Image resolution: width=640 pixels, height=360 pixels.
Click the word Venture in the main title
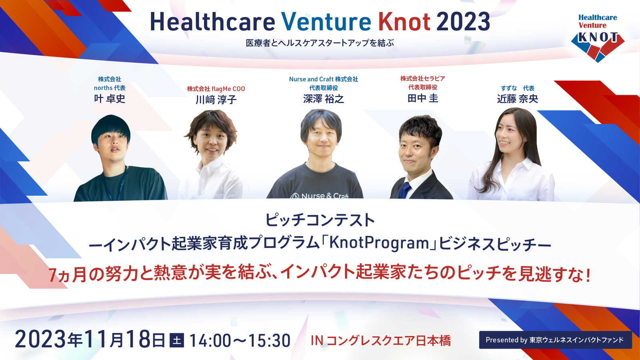[x=326, y=22]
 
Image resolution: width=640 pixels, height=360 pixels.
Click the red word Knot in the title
[x=404, y=22]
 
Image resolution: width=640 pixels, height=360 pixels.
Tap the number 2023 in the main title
[x=463, y=22]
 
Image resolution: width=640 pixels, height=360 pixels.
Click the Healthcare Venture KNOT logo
[x=598, y=38]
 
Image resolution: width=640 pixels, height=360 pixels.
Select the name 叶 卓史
[x=110, y=98]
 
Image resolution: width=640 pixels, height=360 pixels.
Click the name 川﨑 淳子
[x=216, y=100]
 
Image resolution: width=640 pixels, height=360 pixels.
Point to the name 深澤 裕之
[x=324, y=99]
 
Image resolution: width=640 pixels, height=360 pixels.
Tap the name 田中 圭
[x=422, y=98]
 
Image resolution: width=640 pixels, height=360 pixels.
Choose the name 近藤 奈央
[x=518, y=99]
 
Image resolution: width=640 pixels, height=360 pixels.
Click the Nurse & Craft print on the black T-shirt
[x=320, y=196]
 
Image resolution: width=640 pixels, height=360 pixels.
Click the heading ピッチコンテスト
[x=320, y=220]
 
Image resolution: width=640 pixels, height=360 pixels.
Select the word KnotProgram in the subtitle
[x=379, y=243]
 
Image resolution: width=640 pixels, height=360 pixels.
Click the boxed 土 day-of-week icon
[x=176, y=340]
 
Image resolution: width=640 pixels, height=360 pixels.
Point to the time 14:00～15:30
[x=240, y=340]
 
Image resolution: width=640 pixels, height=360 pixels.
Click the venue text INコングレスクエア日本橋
[x=380, y=340]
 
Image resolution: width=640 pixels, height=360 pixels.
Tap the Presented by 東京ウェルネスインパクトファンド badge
[x=556, y=340]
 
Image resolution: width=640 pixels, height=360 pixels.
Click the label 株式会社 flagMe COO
[x=216, y=89]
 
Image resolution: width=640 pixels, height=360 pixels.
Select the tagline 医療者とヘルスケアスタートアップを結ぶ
[x=320, y=43]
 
